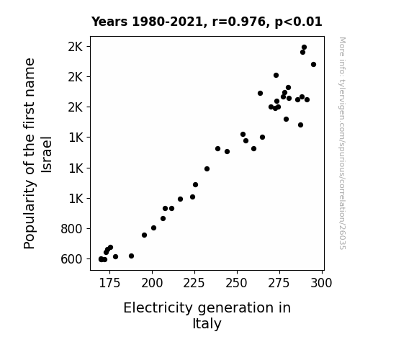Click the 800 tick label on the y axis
tap(71, 229)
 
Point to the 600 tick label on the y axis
tap(71, 259)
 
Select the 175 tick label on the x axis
tap(109, 283)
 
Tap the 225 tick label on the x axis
tap(194, 283)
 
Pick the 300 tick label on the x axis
tap(321, 283)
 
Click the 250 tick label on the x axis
tap(237, 283)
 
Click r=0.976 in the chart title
tap(239, 22)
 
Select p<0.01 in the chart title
tap(298, 22)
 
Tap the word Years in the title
tap(109, 22)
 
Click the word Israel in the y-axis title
tap(47, 155)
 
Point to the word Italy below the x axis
tap(207, 324)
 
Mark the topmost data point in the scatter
tap(304, 48)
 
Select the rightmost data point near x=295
tap(313, 65)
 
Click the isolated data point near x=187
tap(131, 256)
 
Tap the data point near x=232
tap(207, 168)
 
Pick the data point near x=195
tap(144, 235)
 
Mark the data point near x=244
tap(227, 152)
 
